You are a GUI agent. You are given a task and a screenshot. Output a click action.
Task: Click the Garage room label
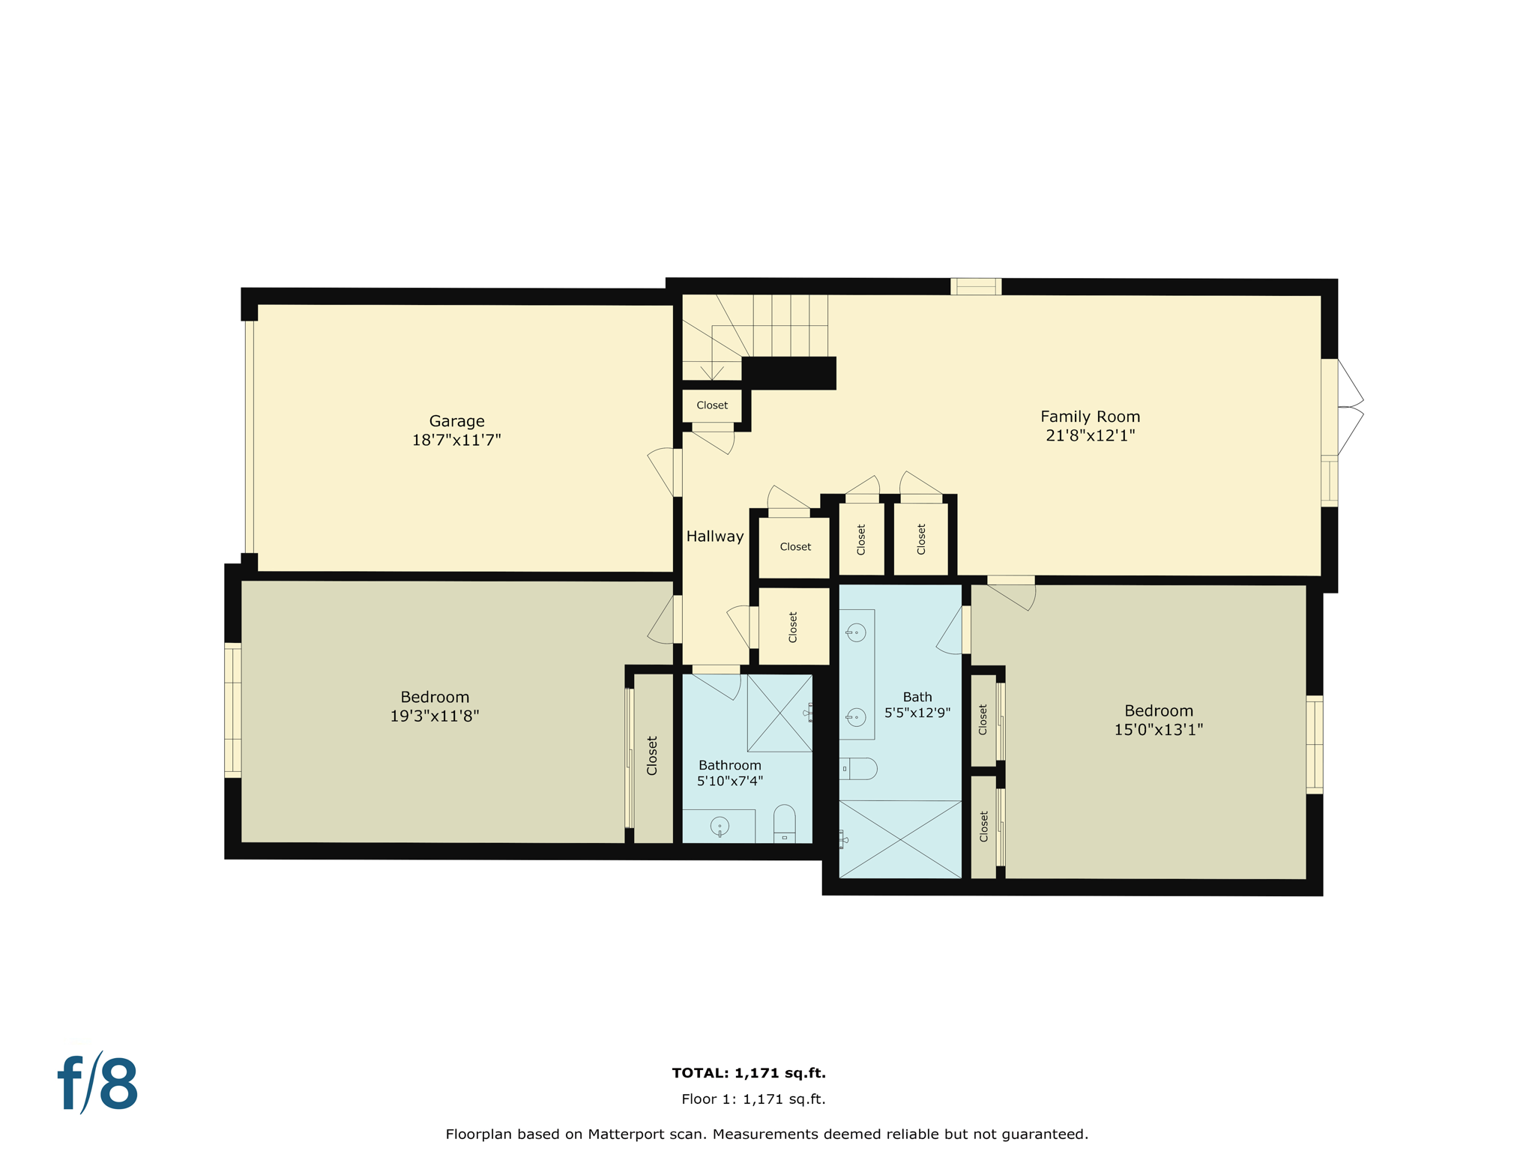coord(456,421)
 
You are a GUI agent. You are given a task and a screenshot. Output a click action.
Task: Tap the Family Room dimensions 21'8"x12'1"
coord(1090,435)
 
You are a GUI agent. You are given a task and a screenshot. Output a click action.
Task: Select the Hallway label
coord(714,536)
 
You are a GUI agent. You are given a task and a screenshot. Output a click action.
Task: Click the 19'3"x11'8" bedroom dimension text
coord(434,716)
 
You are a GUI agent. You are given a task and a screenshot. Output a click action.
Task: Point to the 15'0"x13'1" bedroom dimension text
coord(1158,729)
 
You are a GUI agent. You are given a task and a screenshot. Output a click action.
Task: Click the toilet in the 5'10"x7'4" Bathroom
coord(784,824)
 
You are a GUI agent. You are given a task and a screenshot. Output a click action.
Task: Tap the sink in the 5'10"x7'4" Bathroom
coord(719,827)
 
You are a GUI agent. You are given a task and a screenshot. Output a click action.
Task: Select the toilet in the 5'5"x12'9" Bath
coord(859,769)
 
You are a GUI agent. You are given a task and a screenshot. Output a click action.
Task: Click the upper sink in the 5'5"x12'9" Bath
coord(856,632)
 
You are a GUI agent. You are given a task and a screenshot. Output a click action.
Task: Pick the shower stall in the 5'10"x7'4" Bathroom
coord(779,713)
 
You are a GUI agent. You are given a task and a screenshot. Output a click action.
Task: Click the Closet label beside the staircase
coord(711,405)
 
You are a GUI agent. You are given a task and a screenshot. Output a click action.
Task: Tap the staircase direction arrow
coord(711,371)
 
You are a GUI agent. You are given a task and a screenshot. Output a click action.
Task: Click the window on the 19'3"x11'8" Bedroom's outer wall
coord(233,710)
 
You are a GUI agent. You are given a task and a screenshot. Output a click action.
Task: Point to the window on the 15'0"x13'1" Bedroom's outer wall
coord(1314,744)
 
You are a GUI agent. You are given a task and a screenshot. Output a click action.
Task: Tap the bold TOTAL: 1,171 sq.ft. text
coord(748,1073)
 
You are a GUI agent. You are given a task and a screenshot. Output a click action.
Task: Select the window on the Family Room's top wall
coord(975,286)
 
